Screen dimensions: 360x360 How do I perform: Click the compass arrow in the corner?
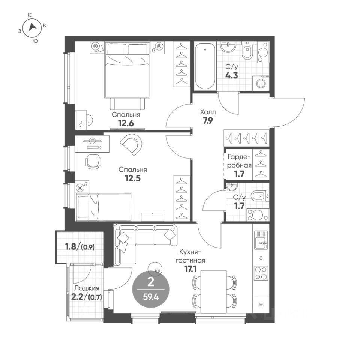(x=32, y=27)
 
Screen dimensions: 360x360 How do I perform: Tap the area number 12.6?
(x=126, y=123)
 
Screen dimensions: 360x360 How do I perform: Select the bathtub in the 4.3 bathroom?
(x=205, y=66)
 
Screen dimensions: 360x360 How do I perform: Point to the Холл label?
(x=208, y=112)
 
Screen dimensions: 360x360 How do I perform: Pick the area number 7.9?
(x=208, y=120)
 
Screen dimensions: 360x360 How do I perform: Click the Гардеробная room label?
(x=239, y=161)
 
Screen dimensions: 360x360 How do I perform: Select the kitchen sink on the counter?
(x=261, y=240)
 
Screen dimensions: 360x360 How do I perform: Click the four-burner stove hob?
(x=261, y=273)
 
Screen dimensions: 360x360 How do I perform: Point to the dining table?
(x=214, y=292)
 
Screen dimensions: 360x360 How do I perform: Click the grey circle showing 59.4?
(x=151, y=289)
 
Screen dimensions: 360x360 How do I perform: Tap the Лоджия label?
(x=87, y=288)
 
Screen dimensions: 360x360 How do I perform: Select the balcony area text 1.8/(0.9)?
(x=80, y=247)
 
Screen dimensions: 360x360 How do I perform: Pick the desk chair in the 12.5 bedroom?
(x=93, y=161)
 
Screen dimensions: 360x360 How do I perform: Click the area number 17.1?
(x=190, y=269)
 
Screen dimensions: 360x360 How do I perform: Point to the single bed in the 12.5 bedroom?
(x=104, y=207)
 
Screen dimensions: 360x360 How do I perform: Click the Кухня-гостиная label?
(x=190, y=256)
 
